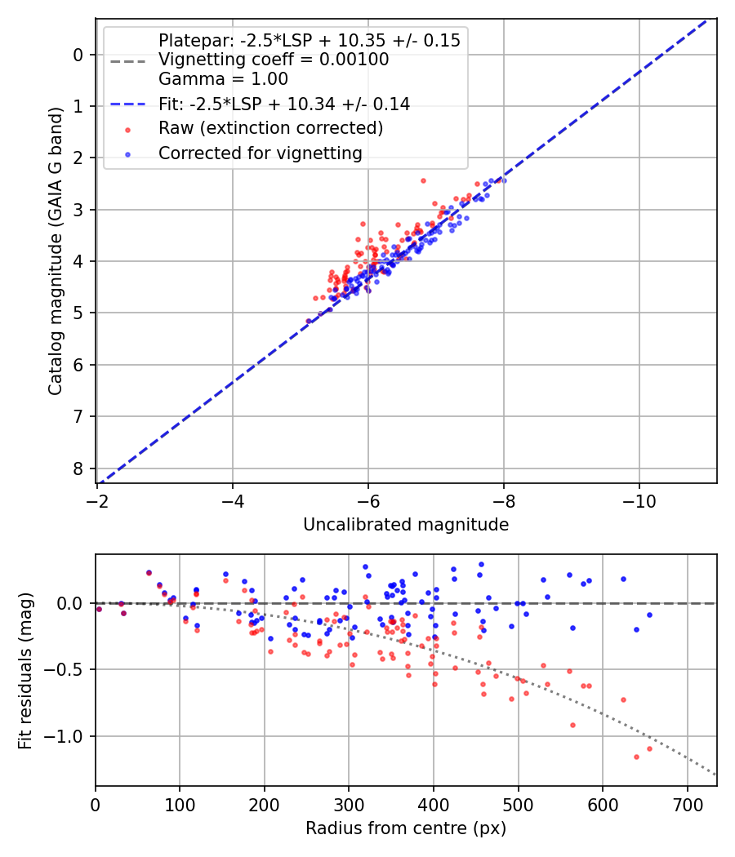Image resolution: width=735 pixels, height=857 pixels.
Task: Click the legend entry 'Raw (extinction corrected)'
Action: (x=270, y=128)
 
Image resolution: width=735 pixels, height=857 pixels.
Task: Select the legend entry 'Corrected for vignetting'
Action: (x=260, y=153)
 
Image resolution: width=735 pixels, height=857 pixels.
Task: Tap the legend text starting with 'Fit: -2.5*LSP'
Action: (x=284, y=104)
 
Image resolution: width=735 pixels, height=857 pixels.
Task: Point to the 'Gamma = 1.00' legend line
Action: (x=223, y=79)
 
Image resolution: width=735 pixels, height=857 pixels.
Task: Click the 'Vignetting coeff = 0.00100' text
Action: (x=274, y=60)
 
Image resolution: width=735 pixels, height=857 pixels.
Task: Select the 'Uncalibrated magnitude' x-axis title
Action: (x=406, y=525)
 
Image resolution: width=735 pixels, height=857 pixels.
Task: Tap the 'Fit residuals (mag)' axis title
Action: (x=25, y=671)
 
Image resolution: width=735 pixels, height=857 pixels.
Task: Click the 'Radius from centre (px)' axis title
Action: (x=406, y=828)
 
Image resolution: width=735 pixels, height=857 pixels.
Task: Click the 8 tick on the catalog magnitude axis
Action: (x=78, y=468)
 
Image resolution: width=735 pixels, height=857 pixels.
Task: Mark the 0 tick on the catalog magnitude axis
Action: (x=78, y=55)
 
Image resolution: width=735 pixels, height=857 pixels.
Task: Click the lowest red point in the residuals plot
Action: (x=636, y=757)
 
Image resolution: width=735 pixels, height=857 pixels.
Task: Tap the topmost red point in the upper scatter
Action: (x=423, y=180)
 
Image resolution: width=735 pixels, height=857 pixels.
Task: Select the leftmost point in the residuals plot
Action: (x=99, y=609)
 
